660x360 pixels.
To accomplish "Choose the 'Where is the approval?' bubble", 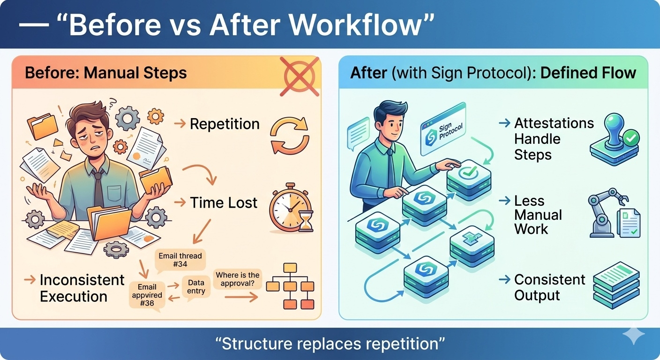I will [237, 279].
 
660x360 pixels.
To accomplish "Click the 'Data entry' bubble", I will [196, 287].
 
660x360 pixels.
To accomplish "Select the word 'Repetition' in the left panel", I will [224, 124].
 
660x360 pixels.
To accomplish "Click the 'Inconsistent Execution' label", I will [75, 288].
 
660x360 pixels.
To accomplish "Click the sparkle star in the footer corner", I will [633, 334].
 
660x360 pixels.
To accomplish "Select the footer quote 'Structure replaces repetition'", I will [330, 344].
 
